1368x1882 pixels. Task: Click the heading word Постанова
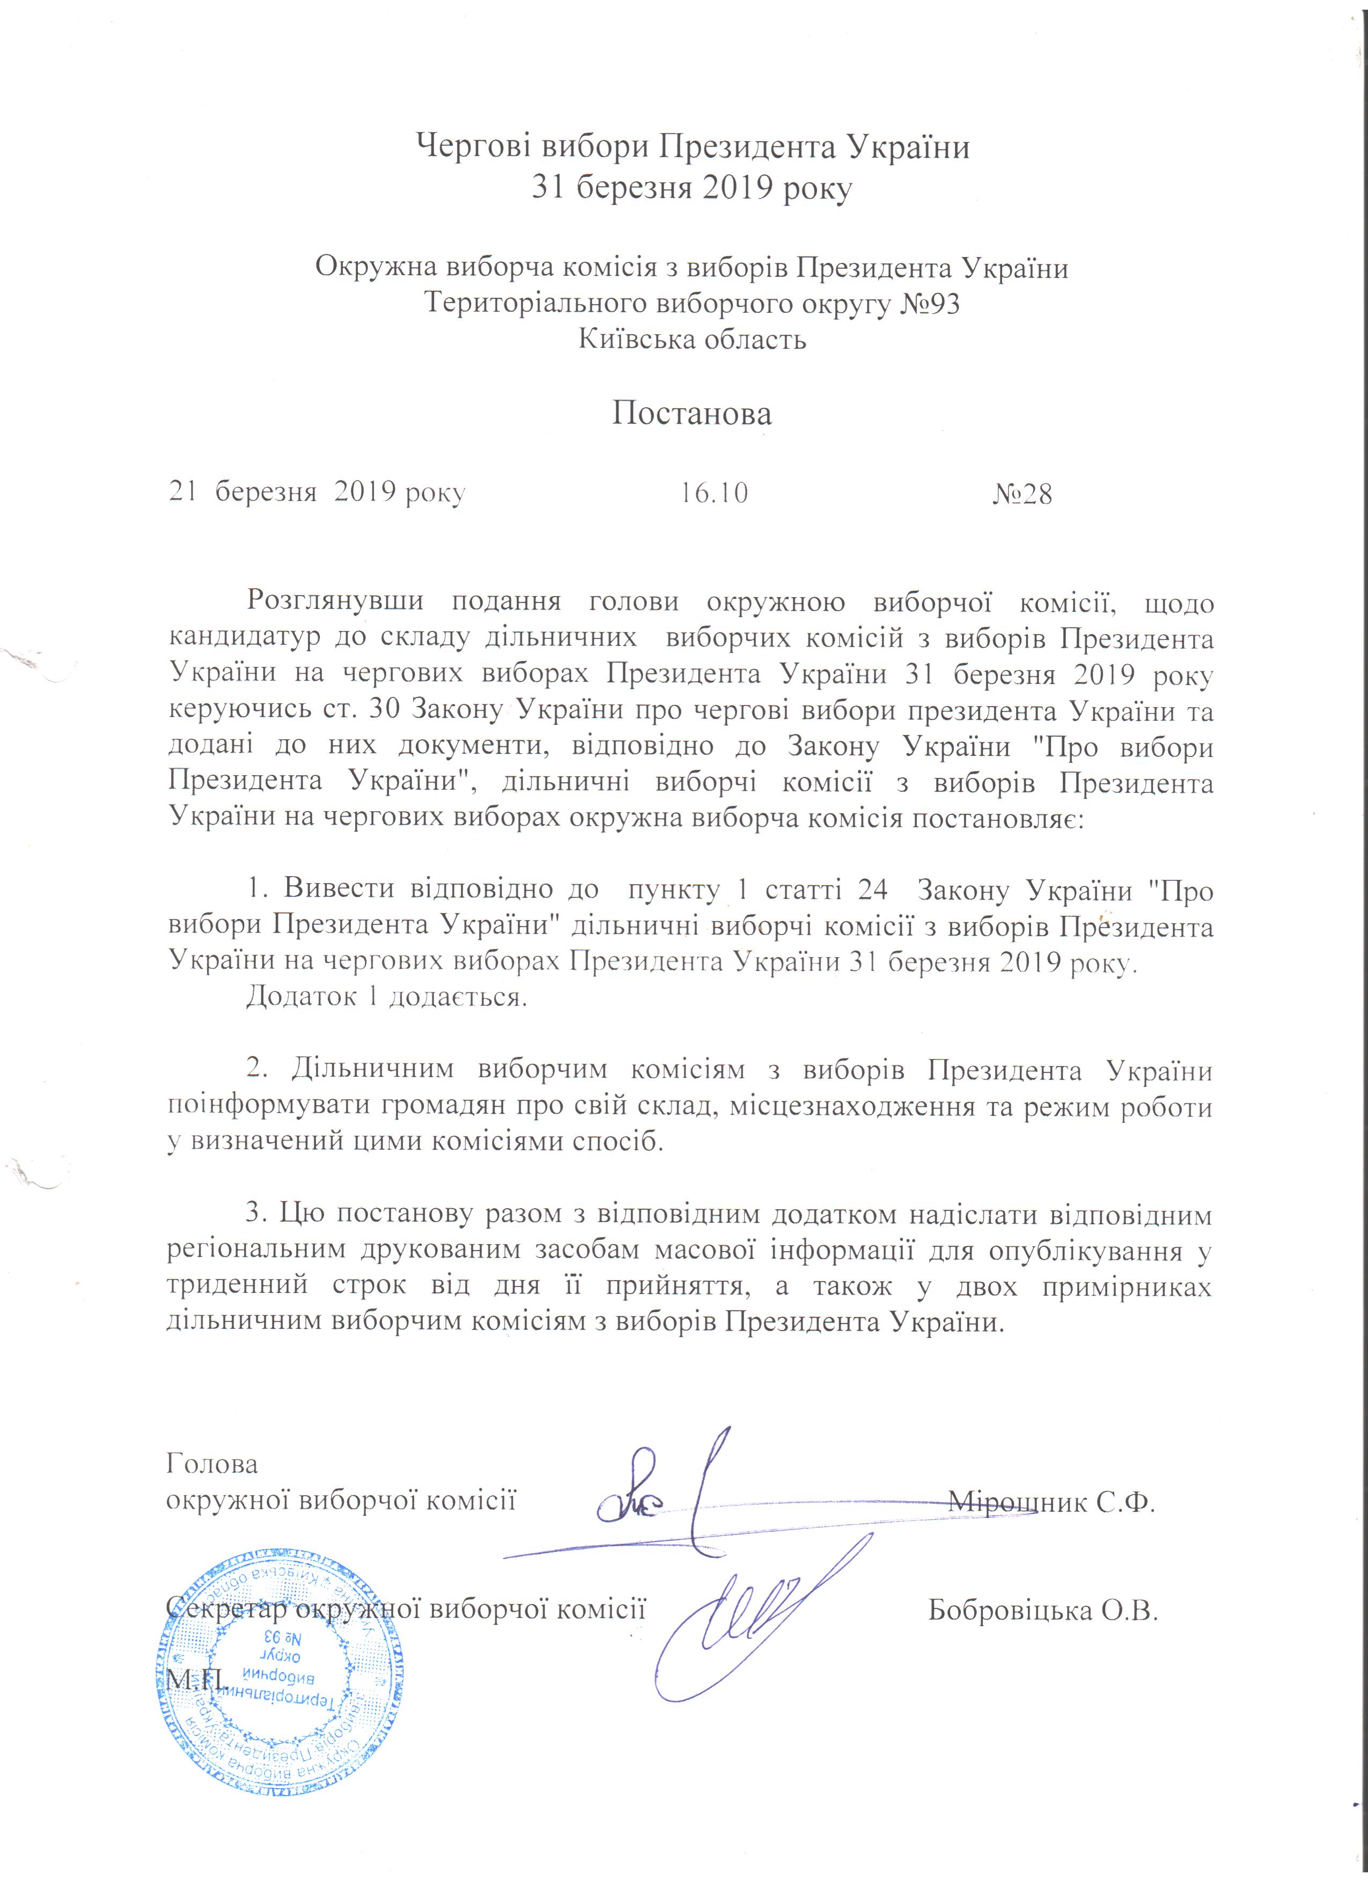(x=692, y=413)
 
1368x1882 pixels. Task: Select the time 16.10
(x=714, y=494)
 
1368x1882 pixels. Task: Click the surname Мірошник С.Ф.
(x=1052, y=1502)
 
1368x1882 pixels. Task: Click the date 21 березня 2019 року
(x=317, y=494)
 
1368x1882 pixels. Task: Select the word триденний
(x=238, y=1286)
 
